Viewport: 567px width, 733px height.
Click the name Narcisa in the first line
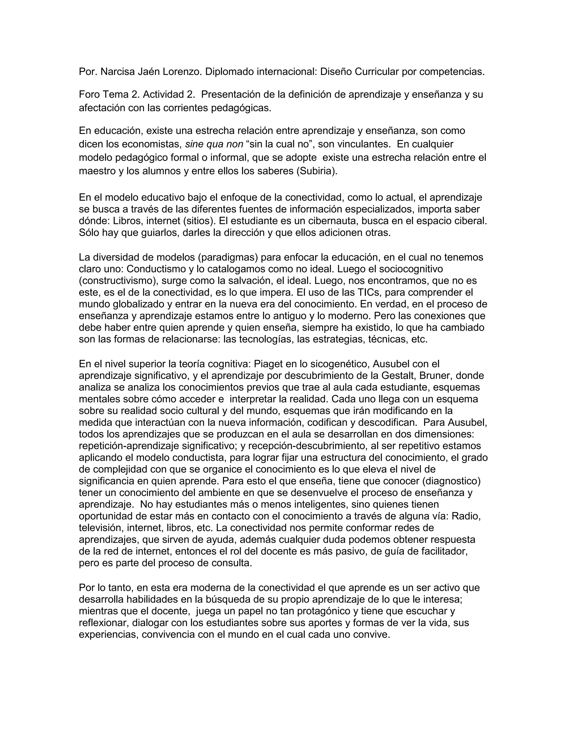point(118,72)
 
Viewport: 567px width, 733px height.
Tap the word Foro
point(89,95)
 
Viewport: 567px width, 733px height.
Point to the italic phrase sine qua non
point(214,144)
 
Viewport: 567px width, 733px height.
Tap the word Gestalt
point(398,376)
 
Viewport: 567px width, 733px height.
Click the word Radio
point(466,516)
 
